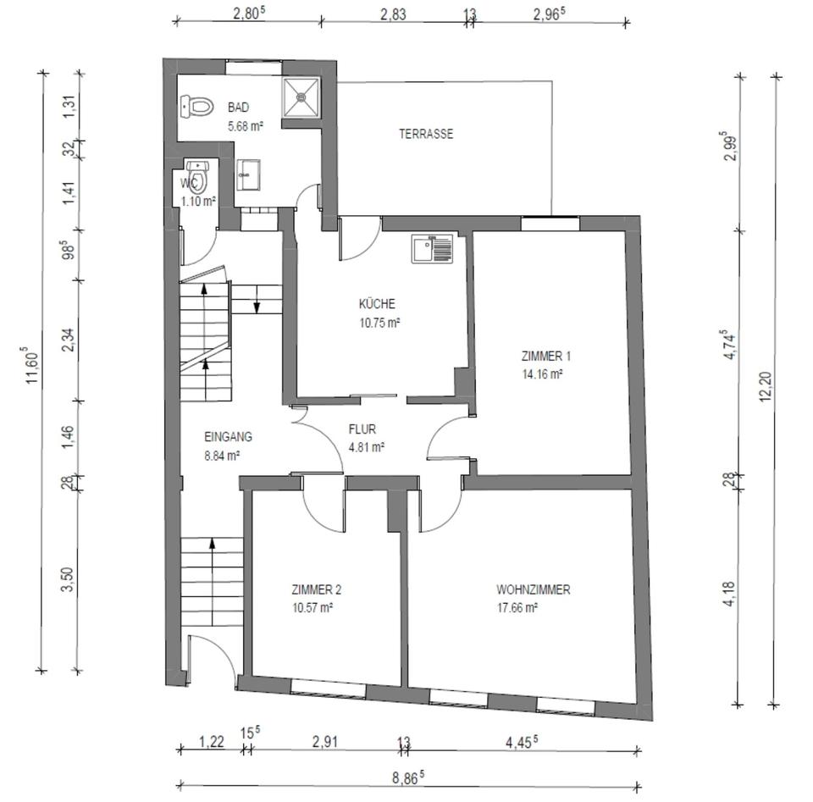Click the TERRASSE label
pyautogui.click(x=426, y=134)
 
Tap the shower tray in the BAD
pyautogui.click(x=301, y=97)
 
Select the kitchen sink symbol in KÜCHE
pyautogui.click(x=432, y=248)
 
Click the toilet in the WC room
pyautogui.click(x=197, y=176)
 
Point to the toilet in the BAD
pyautogui.click(x=197, y=106)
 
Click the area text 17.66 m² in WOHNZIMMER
pyautogui.click(x=517, y=607)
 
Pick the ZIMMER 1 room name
pyautogui.click(x=546, y=357)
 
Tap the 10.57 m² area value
pyautogui.click(x=312, y=607)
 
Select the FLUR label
pyautogui.click(x=362, y=429)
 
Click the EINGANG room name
pyautogui.click(x=228, y=437)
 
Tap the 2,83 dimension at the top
pyautogui.click(x=393, y=14)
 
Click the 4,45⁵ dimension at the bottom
pyautogui.click(x=522, y=742)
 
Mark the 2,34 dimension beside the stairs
pyautogui.click(x=69, y=340)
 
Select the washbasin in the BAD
pyautogui.click(x=248, y=174)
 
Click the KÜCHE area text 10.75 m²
pyautogui.click(x=380, y=323)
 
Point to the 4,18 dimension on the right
pyautogui.click(x=729, y=594)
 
